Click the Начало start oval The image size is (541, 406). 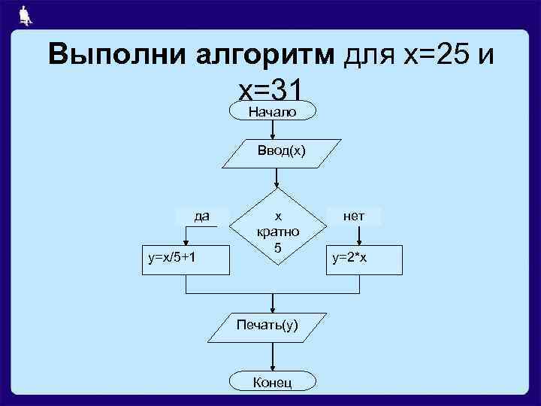(271, 111)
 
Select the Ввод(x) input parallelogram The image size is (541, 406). (277, 150)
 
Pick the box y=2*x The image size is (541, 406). (358, 258)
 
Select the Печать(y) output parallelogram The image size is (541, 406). (267, 326)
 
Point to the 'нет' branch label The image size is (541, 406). (353, 217)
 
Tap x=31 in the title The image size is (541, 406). (270, 90)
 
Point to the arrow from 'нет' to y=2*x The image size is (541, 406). (360, 235)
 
